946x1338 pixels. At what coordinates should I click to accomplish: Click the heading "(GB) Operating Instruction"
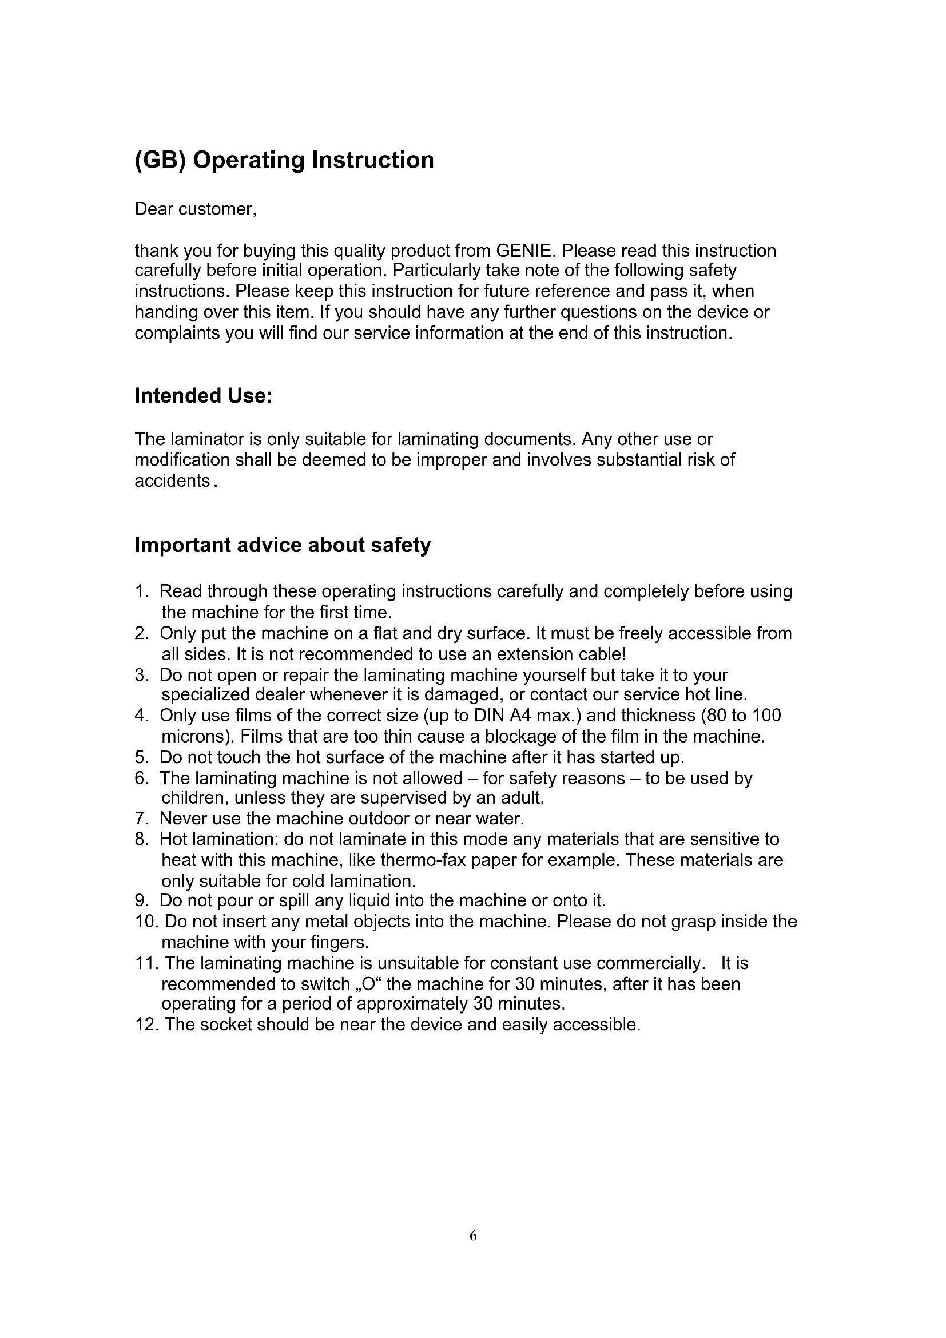tap(284, 160)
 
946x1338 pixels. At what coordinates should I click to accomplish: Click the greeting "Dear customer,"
tap(196, 209)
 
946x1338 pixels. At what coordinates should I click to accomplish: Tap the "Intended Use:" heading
tap(203, 396)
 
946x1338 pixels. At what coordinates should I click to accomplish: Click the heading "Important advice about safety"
tap(283, 545)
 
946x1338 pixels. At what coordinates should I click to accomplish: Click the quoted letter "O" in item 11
tap(368, 984)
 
